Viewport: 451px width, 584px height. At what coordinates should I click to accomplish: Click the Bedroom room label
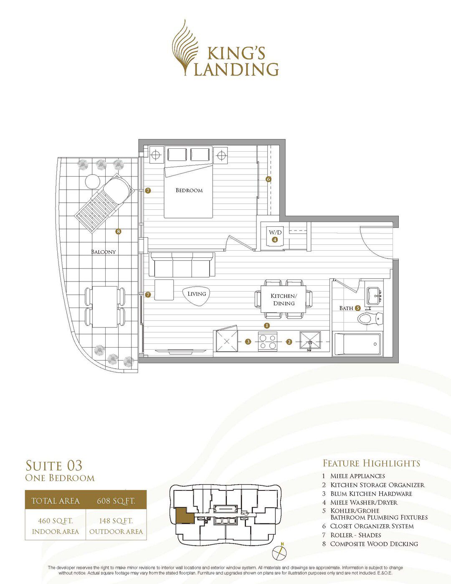pos(189,190)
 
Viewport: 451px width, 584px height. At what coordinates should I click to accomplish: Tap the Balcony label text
pos(104,252)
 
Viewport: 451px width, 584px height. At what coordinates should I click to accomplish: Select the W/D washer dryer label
pos(275,232)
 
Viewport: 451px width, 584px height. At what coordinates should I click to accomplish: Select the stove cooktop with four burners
pos(268,342)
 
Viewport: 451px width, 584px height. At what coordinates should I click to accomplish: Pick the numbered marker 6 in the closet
pos(269,179)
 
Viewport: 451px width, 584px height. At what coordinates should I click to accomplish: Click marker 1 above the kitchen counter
pos(267,325)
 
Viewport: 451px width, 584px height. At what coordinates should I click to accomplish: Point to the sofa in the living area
pos(182,265)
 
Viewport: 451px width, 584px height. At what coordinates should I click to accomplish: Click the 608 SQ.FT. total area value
pos(116,501)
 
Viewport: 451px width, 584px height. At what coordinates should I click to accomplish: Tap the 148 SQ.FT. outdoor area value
pos(116,521)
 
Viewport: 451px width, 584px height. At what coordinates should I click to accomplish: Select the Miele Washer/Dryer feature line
pos(364,502)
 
